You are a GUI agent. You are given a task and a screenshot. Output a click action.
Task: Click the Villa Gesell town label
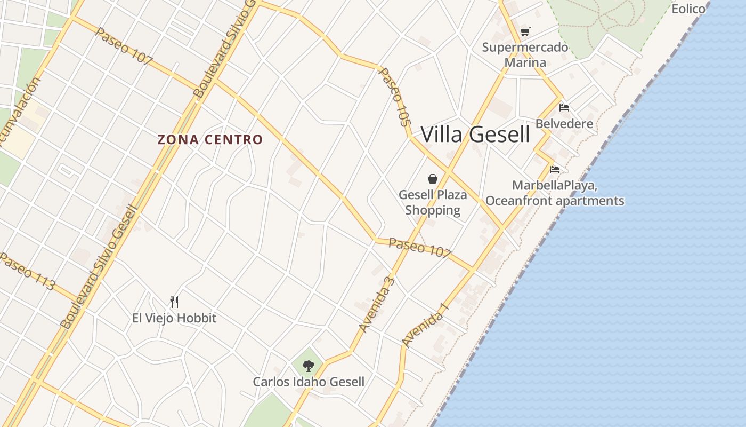[475, 135]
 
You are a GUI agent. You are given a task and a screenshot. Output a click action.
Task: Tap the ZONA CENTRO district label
[210, 140]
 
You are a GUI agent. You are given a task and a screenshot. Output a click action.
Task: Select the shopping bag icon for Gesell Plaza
[432, 179]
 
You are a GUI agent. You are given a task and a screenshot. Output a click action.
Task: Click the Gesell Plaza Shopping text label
[432, 202]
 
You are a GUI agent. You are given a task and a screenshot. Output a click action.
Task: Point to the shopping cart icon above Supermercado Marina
[525, 32]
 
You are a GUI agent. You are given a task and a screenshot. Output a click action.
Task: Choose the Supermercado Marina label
[525, 55]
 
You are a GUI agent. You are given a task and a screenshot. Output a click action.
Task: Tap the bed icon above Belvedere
[564, 108]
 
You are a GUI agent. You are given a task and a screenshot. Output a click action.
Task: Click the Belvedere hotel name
[564, 124]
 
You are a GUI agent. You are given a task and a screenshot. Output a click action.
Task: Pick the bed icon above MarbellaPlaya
[555, 170]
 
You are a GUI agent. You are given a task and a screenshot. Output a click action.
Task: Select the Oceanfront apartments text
[555, 201]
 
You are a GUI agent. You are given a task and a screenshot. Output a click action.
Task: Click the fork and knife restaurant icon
[174, 302]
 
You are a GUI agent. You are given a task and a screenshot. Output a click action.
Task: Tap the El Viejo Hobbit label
[174, 318]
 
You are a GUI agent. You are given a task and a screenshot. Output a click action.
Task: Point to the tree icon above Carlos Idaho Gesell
[308, 366]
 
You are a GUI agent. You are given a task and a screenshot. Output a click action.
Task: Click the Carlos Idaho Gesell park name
[308, 382]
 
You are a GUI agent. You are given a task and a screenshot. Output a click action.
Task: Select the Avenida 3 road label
[376, 304]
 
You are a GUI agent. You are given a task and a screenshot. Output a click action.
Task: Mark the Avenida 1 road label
[425, 325]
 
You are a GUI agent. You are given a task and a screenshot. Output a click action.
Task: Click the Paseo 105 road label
[395, 97]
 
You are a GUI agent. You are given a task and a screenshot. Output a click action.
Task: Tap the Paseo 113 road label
[27, 272]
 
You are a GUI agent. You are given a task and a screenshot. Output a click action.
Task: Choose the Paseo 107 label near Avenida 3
[420, 248]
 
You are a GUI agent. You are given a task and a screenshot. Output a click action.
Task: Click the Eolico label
[688, 9]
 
